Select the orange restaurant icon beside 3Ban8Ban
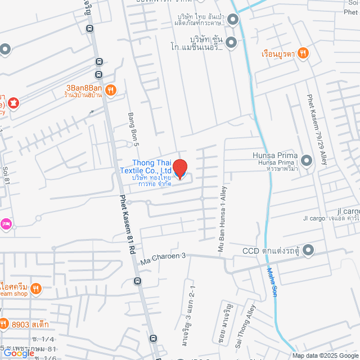(111, 89)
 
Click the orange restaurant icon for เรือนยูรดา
(303, 53)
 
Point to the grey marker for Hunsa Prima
(307, 161)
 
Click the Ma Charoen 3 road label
(163, 259)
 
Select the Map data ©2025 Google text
(325, 355)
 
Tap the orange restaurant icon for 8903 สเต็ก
(4, 323)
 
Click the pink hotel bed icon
(5, 224)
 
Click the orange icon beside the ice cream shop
(37, 288)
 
